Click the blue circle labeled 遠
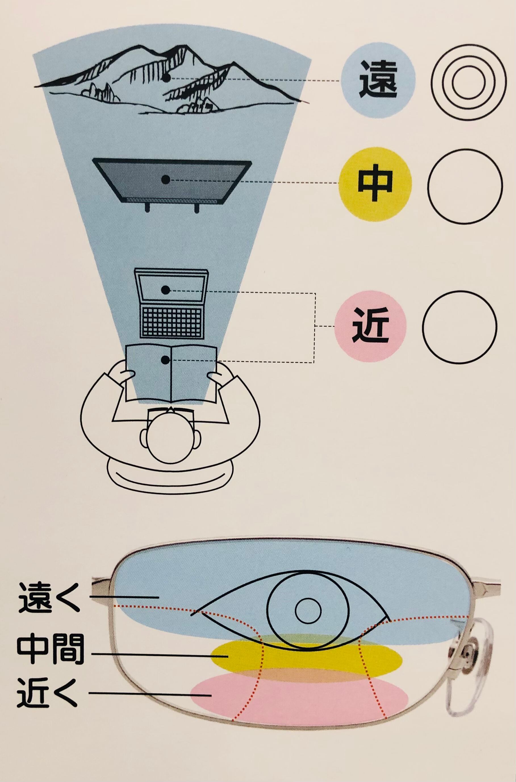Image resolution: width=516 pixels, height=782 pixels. pos(379,81)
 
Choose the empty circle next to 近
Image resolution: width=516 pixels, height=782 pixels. pos(459,326)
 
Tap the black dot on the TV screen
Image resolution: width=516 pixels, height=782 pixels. pos(166,180)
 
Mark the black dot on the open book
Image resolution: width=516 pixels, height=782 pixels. pos(166,360)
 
